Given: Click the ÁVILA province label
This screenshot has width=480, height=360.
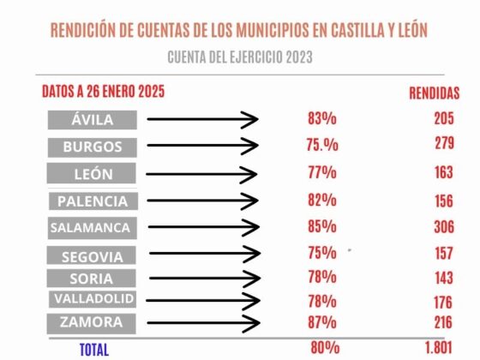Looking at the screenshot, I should pyautogui.click(x=92, y=120).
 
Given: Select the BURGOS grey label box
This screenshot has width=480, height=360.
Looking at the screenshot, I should pyautogui.click(x=92, y=147).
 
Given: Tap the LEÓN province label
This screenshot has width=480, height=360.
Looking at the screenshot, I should pyautogui.click(x=93, y=174).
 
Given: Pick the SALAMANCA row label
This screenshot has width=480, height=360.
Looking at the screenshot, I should pyautogui.click(x=91, y=228).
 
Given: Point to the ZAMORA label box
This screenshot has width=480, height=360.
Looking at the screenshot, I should pyautogui.click(x=92, y=323).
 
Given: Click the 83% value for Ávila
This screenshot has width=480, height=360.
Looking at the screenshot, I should pyautogui.click(x=321, y=119).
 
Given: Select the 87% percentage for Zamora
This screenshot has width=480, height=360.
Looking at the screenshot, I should pyautogui.click(x=321, y=322).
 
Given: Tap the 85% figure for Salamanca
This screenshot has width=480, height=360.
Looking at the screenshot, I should pyautogui.click(x=321, y=228).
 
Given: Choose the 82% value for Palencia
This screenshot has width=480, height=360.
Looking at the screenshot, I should pyautogui.click(x=321, y=201).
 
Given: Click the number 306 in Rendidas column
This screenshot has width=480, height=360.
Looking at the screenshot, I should pyautogui.click(x=443, y=228).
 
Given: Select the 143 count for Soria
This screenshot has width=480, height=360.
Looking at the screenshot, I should pyautogui.click(x=443, y=278).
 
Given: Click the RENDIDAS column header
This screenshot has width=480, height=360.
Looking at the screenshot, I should pyautogui.click(x=434, y=93).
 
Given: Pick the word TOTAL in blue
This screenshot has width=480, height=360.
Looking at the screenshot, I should pyautogui.click(x=93, y=349).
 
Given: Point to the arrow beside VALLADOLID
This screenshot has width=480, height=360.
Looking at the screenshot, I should pyautogui.click(x=202, y=300).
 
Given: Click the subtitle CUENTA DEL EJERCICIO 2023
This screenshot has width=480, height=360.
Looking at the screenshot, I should pyautogui.click(x=239, y=57).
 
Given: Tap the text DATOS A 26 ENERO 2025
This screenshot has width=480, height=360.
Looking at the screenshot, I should pyautogui.click(x=104, y=91).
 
